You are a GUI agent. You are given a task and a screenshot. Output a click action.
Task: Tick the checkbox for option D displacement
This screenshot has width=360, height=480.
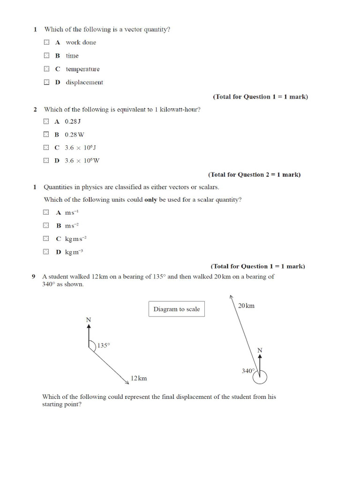point(46,82)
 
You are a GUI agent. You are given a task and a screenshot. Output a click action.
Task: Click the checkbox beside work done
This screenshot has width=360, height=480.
point(46,42)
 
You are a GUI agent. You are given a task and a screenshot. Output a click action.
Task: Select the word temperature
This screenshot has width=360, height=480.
point(82,69)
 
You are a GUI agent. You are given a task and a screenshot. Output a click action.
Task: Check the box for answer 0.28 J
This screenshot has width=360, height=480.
point(46,121)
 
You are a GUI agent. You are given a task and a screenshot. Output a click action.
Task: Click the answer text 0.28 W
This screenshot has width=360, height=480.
point(75,134)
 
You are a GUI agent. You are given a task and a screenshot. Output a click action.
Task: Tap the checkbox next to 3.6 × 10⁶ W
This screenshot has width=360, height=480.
point(46,160)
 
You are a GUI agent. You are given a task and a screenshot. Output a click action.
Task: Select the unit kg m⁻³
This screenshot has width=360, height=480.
point(74,252)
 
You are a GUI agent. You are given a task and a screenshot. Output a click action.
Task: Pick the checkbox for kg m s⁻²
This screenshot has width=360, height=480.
point(46,238)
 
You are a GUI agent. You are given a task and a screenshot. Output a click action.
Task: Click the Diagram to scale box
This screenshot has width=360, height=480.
point(176,309)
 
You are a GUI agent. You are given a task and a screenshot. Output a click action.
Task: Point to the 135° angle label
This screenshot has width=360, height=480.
point(104,345)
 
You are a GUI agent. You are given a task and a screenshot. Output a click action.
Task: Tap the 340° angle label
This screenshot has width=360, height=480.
point(248,371)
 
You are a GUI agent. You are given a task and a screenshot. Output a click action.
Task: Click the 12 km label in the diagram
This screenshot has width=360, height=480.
point(139,378)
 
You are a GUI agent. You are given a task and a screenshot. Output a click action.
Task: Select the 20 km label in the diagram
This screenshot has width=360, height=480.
point(246,306)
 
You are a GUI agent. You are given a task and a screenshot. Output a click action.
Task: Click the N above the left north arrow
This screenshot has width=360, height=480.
point(89,320)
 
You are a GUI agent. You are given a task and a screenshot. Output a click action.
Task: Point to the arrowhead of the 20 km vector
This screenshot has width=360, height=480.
point(231,296)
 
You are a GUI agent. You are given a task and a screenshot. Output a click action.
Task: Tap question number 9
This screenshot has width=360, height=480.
point(34,277)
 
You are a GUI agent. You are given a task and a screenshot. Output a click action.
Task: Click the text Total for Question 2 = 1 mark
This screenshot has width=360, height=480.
point(255,174)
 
